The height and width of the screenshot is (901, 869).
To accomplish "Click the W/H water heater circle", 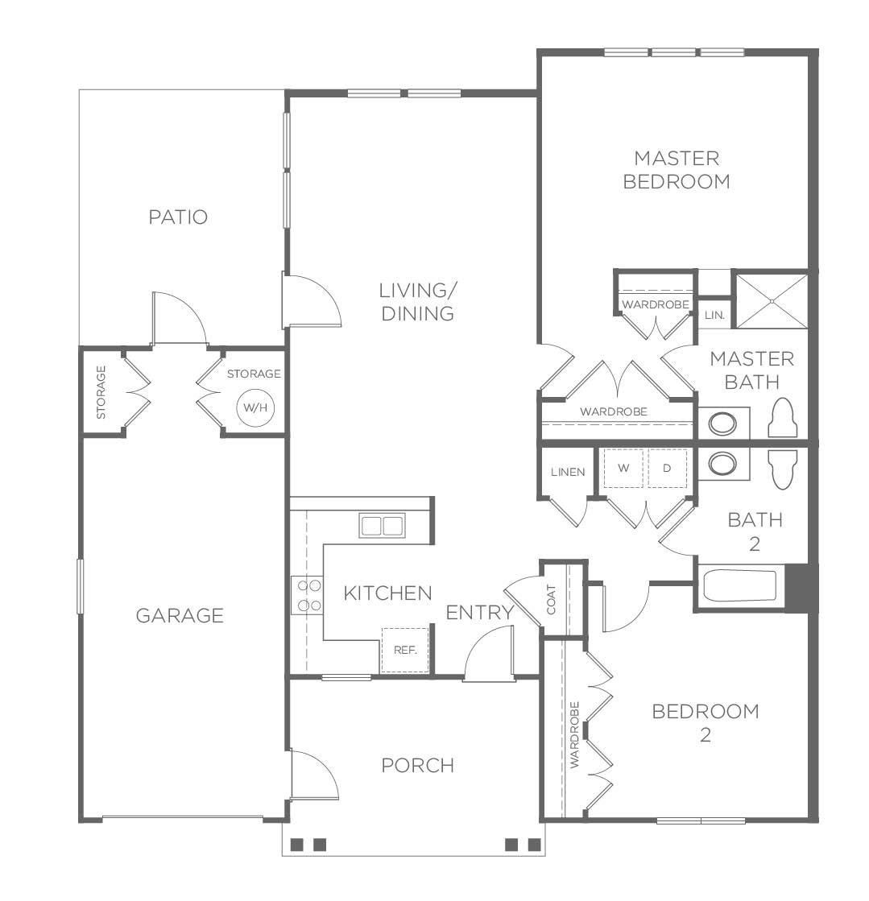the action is point(256,408).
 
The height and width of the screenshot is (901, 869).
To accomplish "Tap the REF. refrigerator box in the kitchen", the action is point(405,650).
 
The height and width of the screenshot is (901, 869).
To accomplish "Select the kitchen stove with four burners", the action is point(307,595).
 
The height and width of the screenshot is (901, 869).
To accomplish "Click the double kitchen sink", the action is point(382,526).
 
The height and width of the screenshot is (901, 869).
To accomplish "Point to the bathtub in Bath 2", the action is point(741,586).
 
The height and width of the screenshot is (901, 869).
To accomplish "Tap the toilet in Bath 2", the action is point(783,469).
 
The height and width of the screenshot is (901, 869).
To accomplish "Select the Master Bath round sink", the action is point(722,424).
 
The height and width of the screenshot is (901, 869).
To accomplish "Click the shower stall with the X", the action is point(772,301).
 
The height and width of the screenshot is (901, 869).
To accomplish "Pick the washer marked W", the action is point(623,468).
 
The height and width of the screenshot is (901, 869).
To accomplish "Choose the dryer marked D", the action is point(668,468).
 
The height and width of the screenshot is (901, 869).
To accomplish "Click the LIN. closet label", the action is point(714,316).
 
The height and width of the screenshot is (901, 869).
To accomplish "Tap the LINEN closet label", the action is point(568,473).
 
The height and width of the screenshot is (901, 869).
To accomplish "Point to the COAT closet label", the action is point(552,599).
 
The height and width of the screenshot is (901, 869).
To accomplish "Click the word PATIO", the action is point(178,217).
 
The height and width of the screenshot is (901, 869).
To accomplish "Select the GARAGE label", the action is point(180,616).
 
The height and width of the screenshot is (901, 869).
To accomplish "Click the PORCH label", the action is point(418,766).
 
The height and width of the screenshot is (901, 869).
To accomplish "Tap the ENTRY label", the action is point(480,613).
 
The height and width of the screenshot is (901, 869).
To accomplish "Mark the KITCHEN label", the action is point(388,593).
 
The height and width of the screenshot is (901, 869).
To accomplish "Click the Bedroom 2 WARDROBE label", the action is point(575,735).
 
